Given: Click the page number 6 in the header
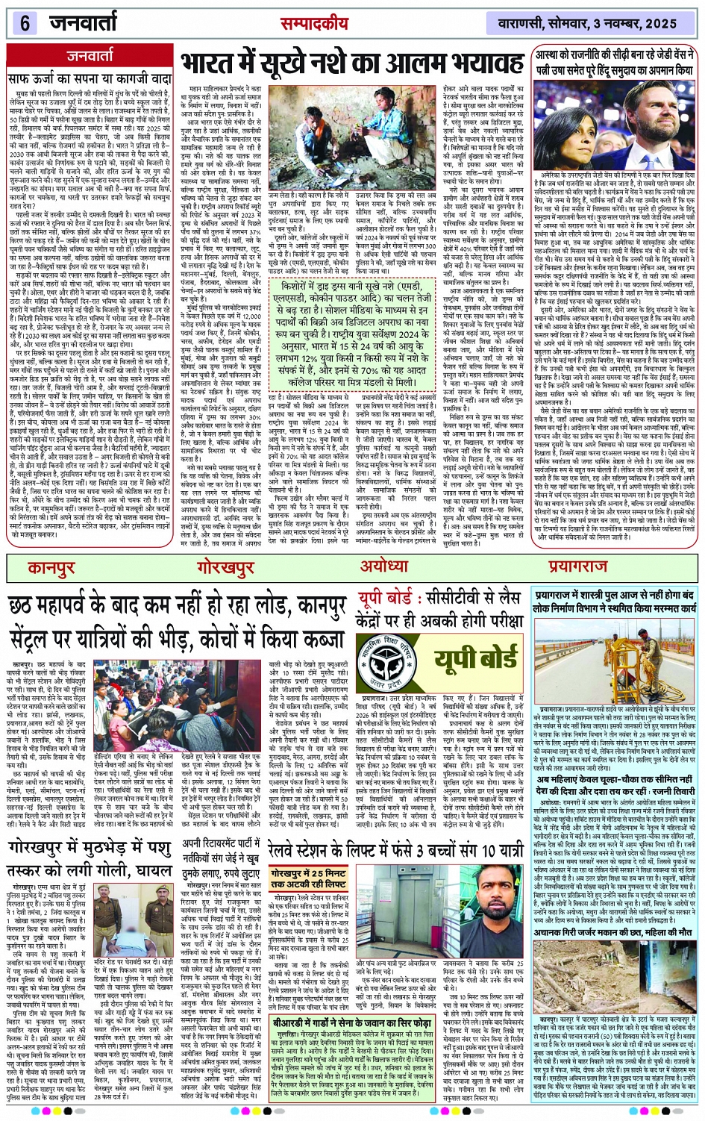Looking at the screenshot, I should click(x=24, y=22).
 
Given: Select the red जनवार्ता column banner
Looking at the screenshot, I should click(x=90, y=55).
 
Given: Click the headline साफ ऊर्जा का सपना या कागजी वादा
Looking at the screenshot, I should click(x=90, y=78).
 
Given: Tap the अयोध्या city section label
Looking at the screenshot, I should click(x=385, y=566).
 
